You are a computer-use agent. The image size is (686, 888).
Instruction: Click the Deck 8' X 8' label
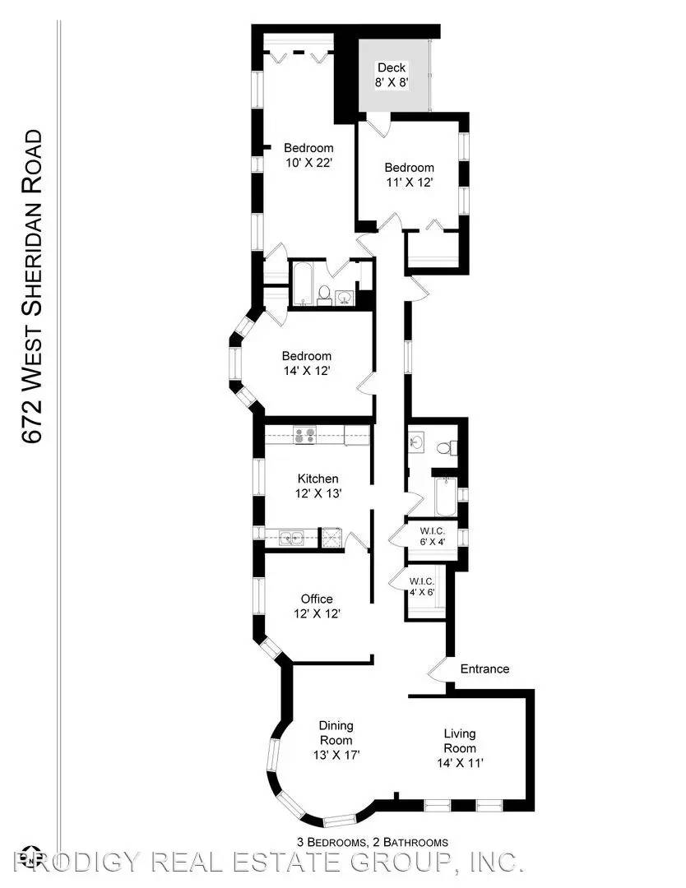[392, 75]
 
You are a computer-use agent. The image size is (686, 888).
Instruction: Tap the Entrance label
[484, 668]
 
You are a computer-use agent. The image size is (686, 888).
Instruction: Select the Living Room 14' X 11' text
[460, 748]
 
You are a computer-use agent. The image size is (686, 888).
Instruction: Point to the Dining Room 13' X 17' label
[336, 740]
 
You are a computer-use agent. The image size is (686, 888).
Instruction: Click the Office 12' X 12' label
[317, 606]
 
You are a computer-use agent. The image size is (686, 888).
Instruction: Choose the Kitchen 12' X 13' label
[318, 486]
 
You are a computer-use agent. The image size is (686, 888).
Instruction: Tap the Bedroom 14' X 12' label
[307, 363]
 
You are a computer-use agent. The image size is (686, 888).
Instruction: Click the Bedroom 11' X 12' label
[409, 174]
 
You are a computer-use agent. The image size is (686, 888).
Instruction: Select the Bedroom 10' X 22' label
[308, 155]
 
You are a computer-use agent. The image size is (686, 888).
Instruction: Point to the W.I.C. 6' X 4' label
[432, 536]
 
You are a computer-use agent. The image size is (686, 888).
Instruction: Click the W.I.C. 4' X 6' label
[421, 587]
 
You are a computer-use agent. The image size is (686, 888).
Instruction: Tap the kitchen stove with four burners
[305, 435]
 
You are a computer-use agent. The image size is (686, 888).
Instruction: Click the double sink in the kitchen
[292, 537]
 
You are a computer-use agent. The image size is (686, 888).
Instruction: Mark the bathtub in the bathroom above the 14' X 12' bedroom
[303, 283]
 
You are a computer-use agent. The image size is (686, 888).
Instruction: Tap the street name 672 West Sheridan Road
[31, 287]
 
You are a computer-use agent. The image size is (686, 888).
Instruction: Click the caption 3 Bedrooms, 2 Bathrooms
[373, 842]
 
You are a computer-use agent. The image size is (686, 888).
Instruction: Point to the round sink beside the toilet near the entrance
[416, 442]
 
